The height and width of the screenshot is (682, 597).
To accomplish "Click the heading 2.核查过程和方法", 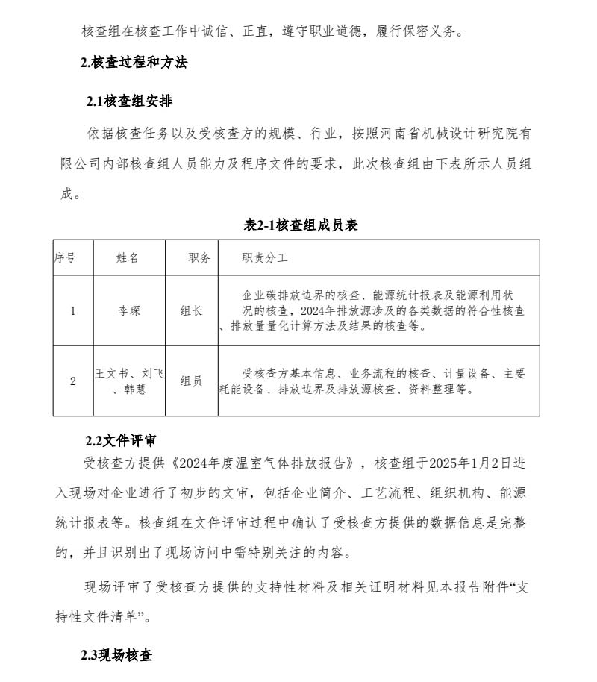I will point(134,63).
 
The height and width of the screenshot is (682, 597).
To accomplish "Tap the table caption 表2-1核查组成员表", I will point(301,225).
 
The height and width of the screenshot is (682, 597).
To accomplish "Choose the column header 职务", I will point(199,257).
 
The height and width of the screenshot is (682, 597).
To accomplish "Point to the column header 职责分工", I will point(264,257).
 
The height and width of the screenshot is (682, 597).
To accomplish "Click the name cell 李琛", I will point(129,311).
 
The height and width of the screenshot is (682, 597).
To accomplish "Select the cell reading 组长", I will point(191,311).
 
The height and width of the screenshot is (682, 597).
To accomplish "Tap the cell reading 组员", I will point(191,381).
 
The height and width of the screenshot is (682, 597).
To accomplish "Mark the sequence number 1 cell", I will point(72,311).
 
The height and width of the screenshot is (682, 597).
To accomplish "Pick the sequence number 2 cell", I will point(72,381).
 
